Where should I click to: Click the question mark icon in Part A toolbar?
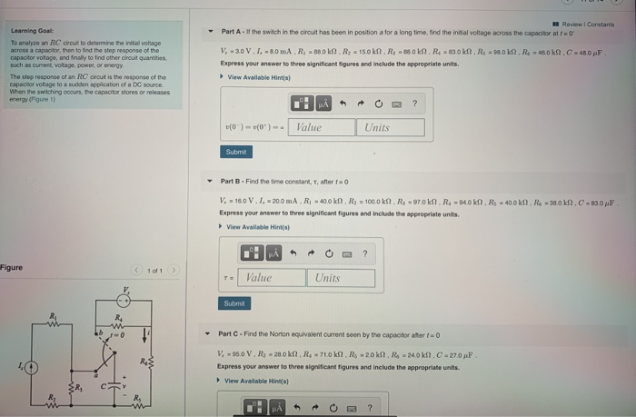(415, 104)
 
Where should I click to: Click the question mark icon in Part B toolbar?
(364, 253)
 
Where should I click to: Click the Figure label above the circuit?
(12, 268)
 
